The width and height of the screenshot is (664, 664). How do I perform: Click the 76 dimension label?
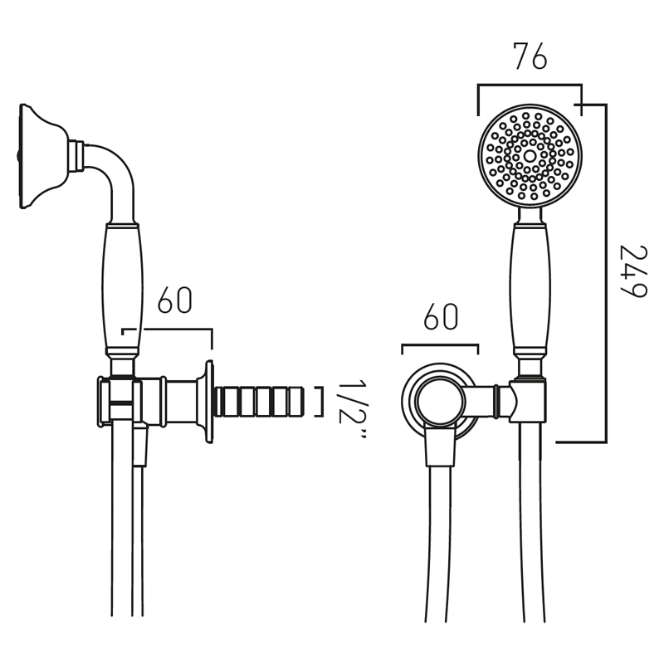pos(530,59)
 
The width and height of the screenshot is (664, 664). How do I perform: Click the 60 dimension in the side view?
pos(174,301)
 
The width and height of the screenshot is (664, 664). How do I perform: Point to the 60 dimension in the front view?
pos(440,317)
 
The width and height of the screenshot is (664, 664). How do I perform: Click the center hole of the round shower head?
pos(530,155)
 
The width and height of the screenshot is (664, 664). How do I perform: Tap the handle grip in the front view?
pos(530,286)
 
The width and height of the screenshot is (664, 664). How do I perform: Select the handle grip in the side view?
pos(123,286)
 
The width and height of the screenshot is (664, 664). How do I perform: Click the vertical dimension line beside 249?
pos(605,274)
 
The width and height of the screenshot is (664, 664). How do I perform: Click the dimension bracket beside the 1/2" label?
pos(320,401)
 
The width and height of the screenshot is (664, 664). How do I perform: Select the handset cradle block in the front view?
pos(529,403)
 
